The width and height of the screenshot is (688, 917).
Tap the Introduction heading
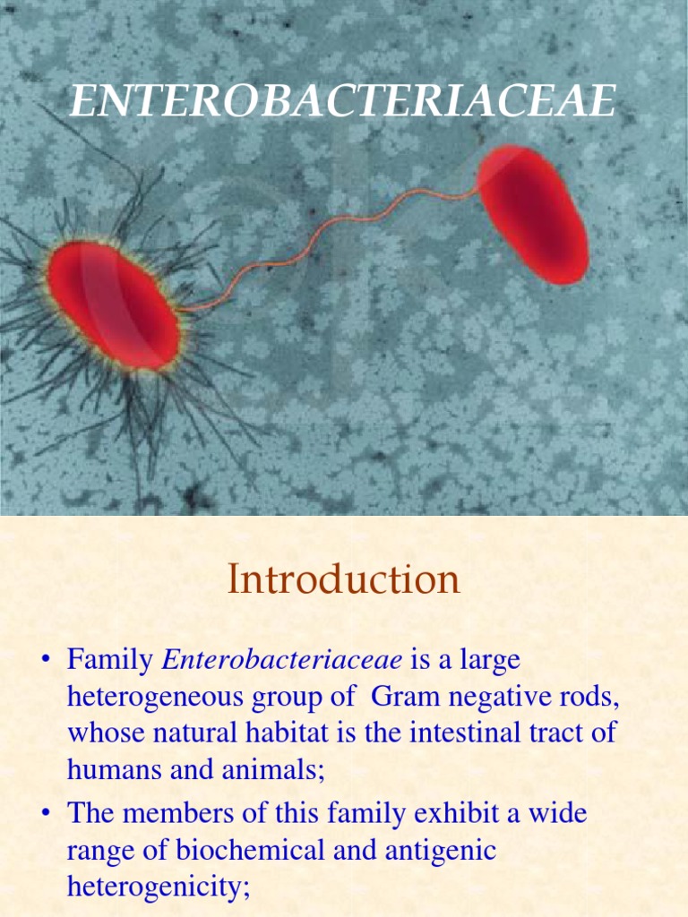click(x=344, y=579)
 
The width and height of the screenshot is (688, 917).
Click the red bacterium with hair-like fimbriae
click(x=114, y=305)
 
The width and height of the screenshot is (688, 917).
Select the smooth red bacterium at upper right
click(x=534, y=215)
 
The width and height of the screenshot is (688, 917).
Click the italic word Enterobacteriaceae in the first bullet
click(x=281, y=661)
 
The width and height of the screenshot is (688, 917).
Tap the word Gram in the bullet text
click(x=403, y=697)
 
